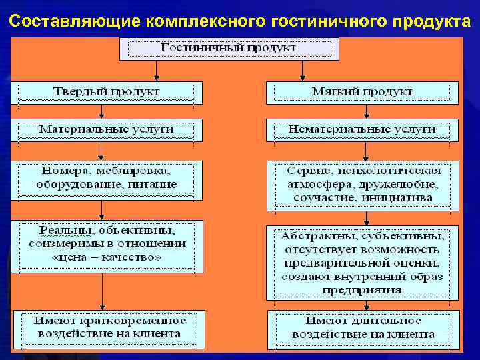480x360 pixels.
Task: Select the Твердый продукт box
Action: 107,92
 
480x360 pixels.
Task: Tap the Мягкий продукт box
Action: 362,92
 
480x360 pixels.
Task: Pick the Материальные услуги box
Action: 107,128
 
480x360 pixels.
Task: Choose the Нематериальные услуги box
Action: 362,128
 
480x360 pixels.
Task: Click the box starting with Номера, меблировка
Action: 107,177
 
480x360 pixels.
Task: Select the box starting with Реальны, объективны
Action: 107,244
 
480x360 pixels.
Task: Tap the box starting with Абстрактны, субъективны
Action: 363,262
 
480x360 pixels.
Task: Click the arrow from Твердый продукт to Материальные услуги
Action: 101,112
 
